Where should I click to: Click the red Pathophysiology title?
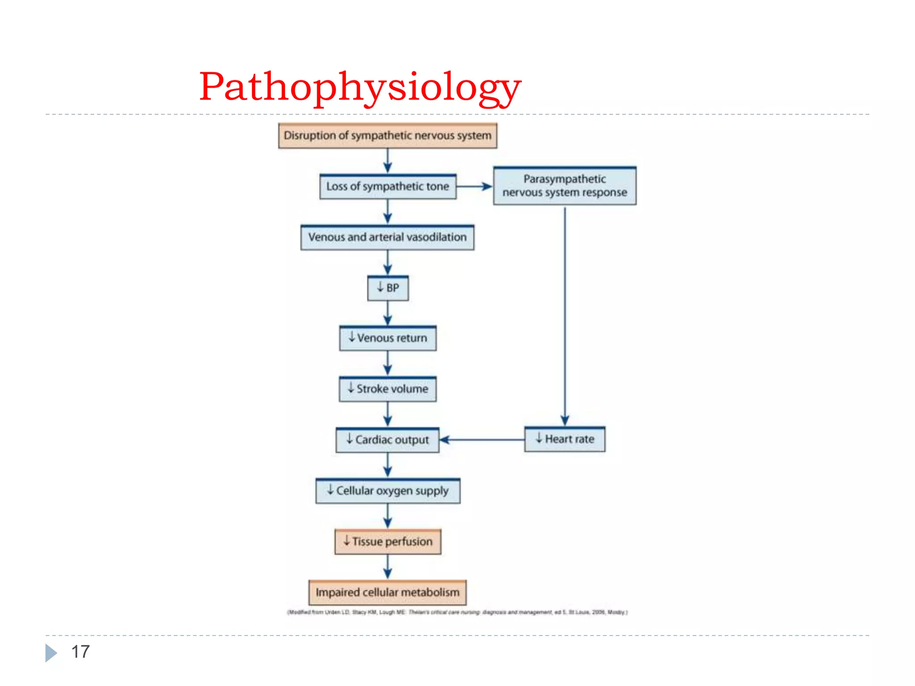(x=360, y=87)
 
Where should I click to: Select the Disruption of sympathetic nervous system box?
(x=387, y=136)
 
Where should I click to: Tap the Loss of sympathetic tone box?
(x=387, y=187)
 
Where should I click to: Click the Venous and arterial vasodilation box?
(x=387, y=237)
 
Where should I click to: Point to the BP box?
(x=388, y=288)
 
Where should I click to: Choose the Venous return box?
(x=388, y=338)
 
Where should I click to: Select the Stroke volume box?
(x=388, y=389)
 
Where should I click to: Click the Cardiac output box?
(x=387, y=440)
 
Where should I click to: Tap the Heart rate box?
(x=565, y=439)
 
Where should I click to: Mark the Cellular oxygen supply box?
(x=387, y=491)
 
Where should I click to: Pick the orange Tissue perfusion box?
(x=388, y=542)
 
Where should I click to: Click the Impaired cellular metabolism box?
(x=387, y=592)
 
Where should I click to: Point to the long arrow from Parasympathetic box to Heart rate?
(x=565, y=313)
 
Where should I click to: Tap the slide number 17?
(x=80, y=652)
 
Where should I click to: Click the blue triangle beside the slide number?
(x=51, y=653)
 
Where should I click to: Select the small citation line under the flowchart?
(x=457, y=612)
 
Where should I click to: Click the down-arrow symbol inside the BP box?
(x=380, y=287)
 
